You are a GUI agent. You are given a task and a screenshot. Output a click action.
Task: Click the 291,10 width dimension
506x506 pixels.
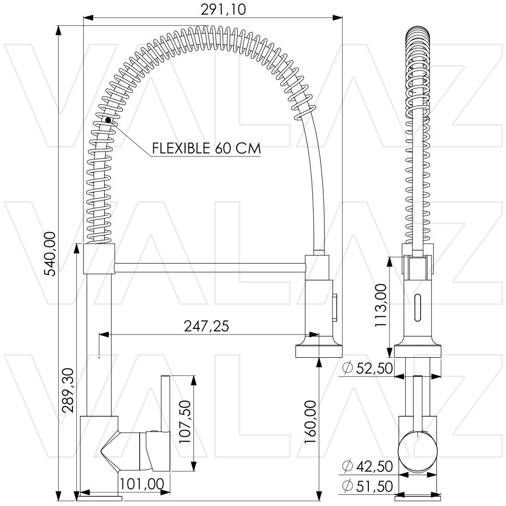223,9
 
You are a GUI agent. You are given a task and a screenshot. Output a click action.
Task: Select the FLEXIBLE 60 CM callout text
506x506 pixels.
206,148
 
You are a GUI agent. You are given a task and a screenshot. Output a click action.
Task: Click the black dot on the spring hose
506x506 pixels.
108,120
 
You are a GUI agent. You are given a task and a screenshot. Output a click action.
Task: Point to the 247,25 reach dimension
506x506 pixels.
206,326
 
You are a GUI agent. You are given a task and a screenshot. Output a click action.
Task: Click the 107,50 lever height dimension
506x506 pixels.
185,422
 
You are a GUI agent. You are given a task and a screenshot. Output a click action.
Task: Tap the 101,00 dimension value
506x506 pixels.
142,484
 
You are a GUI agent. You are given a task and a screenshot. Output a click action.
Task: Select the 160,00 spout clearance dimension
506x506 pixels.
311,422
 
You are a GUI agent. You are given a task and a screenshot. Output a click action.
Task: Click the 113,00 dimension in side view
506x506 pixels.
381,305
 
